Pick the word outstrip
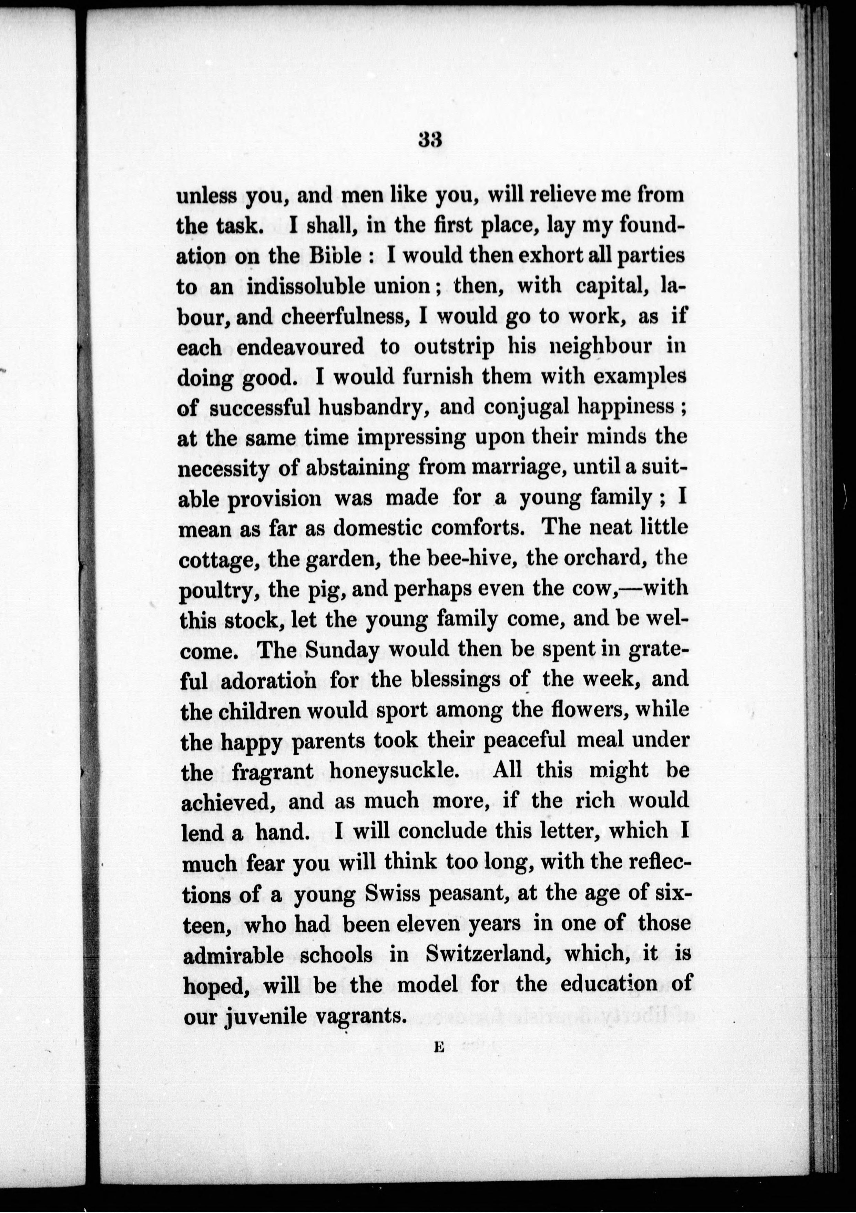[x=454, y=347]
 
